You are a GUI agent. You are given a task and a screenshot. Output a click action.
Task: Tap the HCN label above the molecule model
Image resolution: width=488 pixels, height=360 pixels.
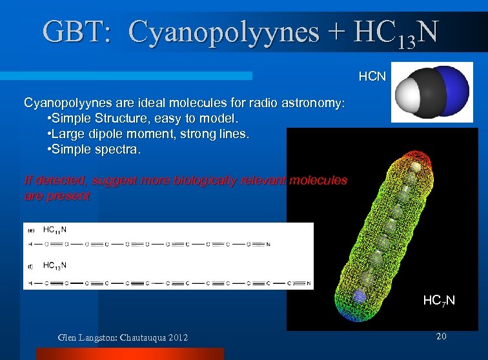pyautogui.click(x=372, y=77)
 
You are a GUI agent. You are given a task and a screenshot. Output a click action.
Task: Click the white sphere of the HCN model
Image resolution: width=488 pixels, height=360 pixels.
pyautogui.click(x=409, y=96)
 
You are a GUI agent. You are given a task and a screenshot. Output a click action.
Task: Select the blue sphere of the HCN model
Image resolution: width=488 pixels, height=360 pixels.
pyautogui.click(x=456, y=90)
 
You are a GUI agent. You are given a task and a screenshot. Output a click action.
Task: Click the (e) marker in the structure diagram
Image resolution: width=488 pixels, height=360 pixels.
pyautogui.click(x=30, y=230)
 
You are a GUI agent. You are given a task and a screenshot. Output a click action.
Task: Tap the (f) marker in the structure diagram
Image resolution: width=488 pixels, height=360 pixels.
pyautogui.click(x=30, y=265)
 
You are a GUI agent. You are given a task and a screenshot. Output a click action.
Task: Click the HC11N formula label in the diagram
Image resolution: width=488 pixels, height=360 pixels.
pyautogui.click(x=55, y=230)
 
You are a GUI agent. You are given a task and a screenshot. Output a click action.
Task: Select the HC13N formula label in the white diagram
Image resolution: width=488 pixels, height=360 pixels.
pyautogui.click(x=55, y=265)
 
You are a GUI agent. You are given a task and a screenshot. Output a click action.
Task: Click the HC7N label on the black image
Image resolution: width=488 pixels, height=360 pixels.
pyautogui.click(x=439, y=301)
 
